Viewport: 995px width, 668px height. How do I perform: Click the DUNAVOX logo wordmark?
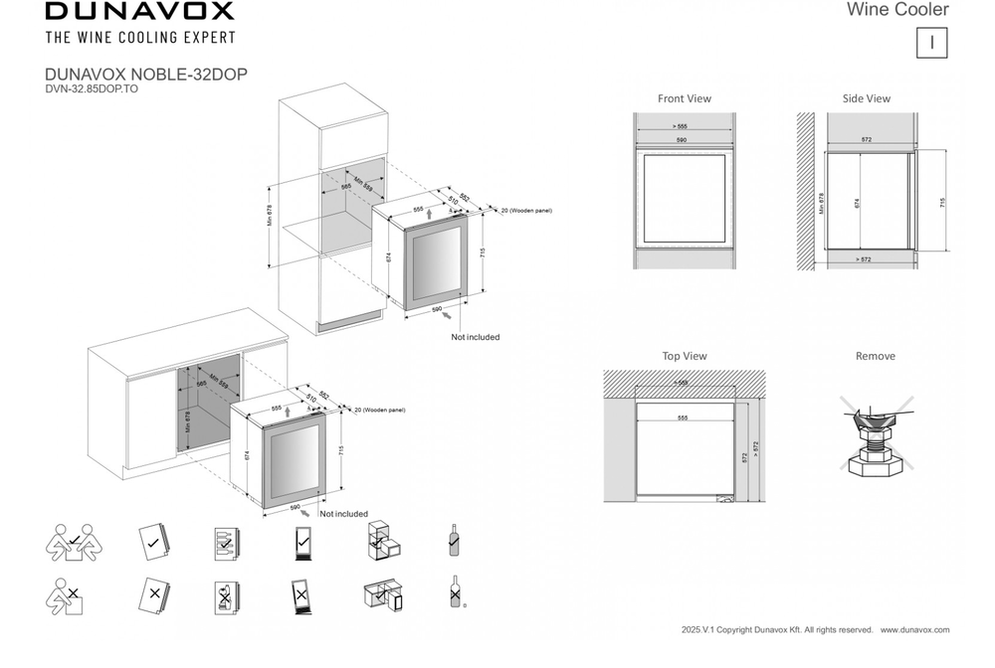[x=139, y=12]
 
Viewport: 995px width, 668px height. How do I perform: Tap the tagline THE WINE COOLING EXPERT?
[x=140, y=38]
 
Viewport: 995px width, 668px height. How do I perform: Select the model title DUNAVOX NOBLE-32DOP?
[x=146, y=75]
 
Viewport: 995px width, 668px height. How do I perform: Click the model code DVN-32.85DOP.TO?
[x=92, y=87]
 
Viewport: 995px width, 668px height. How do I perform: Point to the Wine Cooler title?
[x=897, y=10]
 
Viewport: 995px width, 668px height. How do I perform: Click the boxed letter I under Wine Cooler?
[x=931, y=43]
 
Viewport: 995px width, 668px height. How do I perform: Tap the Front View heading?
[x=685, y=98]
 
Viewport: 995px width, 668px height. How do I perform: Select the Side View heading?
[x=866, y=98]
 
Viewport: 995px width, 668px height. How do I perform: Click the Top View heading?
[x=685, y=356]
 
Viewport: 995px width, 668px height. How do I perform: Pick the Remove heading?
[x=875, y=356]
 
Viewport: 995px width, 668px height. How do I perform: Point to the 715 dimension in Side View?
[x=941, y=202]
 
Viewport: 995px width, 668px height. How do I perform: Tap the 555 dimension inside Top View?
[x=682, y=418]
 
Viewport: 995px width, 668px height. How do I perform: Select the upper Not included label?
[x=475, y=337]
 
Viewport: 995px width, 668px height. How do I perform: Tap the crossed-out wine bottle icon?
[x=455, y=592]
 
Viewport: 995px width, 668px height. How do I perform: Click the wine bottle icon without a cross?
[x=454, y=540]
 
